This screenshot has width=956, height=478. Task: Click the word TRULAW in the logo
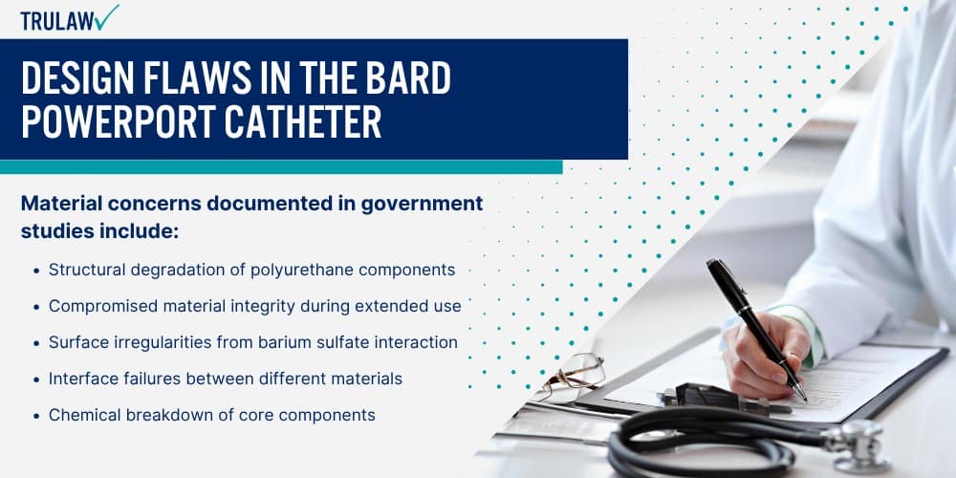pyautogui.click(x=57, y=21)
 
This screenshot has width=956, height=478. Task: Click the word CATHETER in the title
pyautogui.click(x=303, y=121)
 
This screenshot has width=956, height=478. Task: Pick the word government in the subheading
pyautogui.click(x=422, y=205)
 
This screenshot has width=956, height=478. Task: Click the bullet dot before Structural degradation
pyautogui.click(x=36, y=271)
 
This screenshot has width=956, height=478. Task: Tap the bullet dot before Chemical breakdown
pyautogui.click(x=36, y=416)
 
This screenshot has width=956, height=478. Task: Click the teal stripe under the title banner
pyautogui.click(x=281, y=167)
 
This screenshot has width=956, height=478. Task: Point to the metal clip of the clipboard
pyautogui.click(x=707, y=398)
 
